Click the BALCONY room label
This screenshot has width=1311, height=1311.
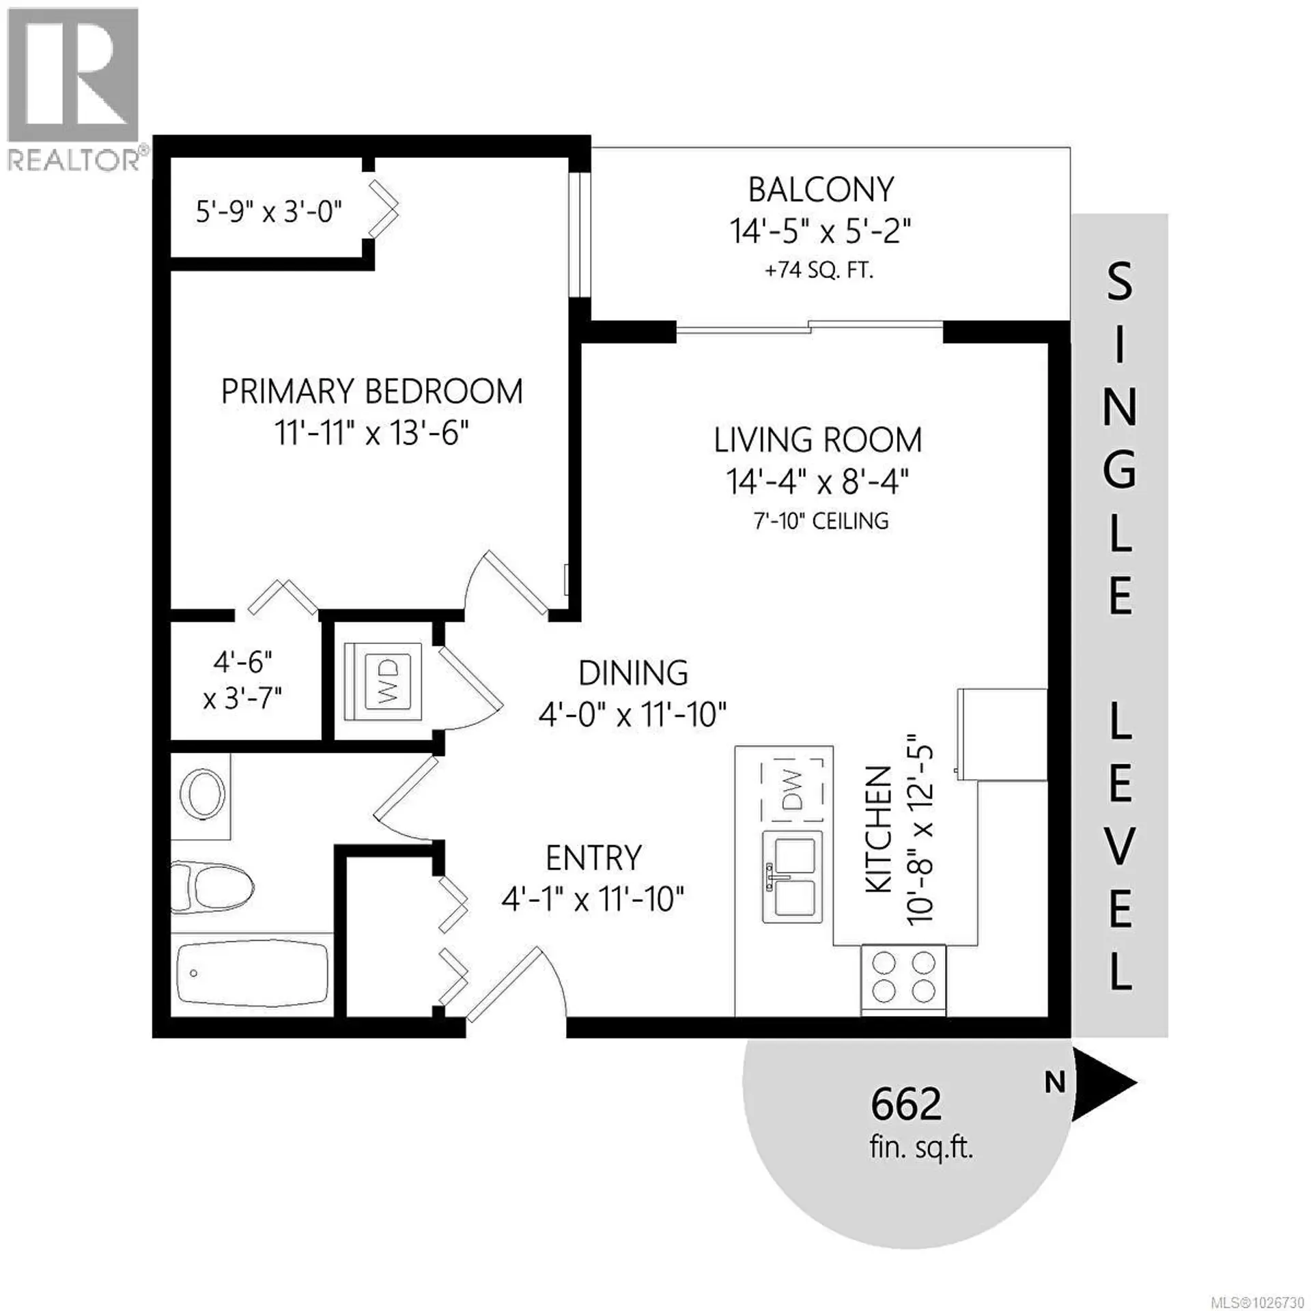click(821, 190)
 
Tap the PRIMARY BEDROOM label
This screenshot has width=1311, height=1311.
click(371, 391)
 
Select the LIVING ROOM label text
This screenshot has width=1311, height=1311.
click(818, 440)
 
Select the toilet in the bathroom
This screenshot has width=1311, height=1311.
click(212, 888)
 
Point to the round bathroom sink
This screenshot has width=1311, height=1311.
click(202, 793)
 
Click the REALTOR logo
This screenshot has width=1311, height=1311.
click(73, 89)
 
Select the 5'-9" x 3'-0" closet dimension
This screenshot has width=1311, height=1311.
click(268, 212)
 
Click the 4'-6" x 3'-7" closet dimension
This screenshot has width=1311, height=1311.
click(243, 679)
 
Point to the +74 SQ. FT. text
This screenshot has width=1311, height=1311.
click(819, 271)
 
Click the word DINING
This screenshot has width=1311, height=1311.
click(633, 673)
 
